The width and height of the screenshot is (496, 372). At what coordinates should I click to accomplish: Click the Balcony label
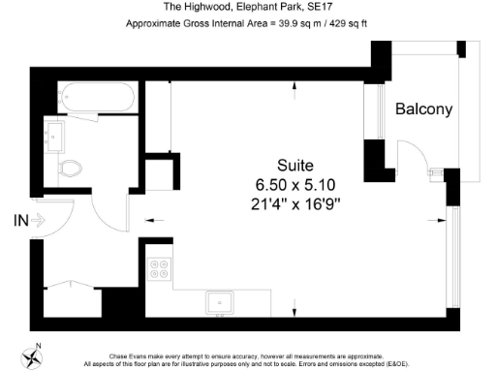click(423, 110)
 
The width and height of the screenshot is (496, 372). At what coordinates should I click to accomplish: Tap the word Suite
click(295, 166)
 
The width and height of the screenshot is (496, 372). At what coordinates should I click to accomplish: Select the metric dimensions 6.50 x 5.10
click(294, 184)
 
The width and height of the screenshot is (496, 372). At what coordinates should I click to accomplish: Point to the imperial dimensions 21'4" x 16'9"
click(294, 203)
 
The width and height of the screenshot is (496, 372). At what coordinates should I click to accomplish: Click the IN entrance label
click(19, 220)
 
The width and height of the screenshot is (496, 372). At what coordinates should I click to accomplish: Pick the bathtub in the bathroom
click(96, 97)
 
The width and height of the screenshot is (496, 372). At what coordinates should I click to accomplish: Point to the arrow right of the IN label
click(39, 220)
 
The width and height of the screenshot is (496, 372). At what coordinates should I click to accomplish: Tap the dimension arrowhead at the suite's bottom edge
click(294, 310)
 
